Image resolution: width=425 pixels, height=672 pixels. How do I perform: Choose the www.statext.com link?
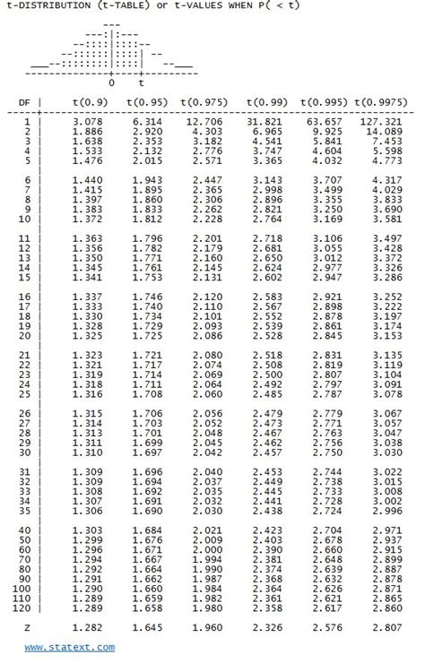click(69, 647)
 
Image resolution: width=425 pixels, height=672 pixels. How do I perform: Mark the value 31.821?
click(265, 121)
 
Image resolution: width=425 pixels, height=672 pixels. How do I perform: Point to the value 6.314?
click(146, 121)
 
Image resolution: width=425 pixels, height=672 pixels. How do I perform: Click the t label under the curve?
click(141, 83)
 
